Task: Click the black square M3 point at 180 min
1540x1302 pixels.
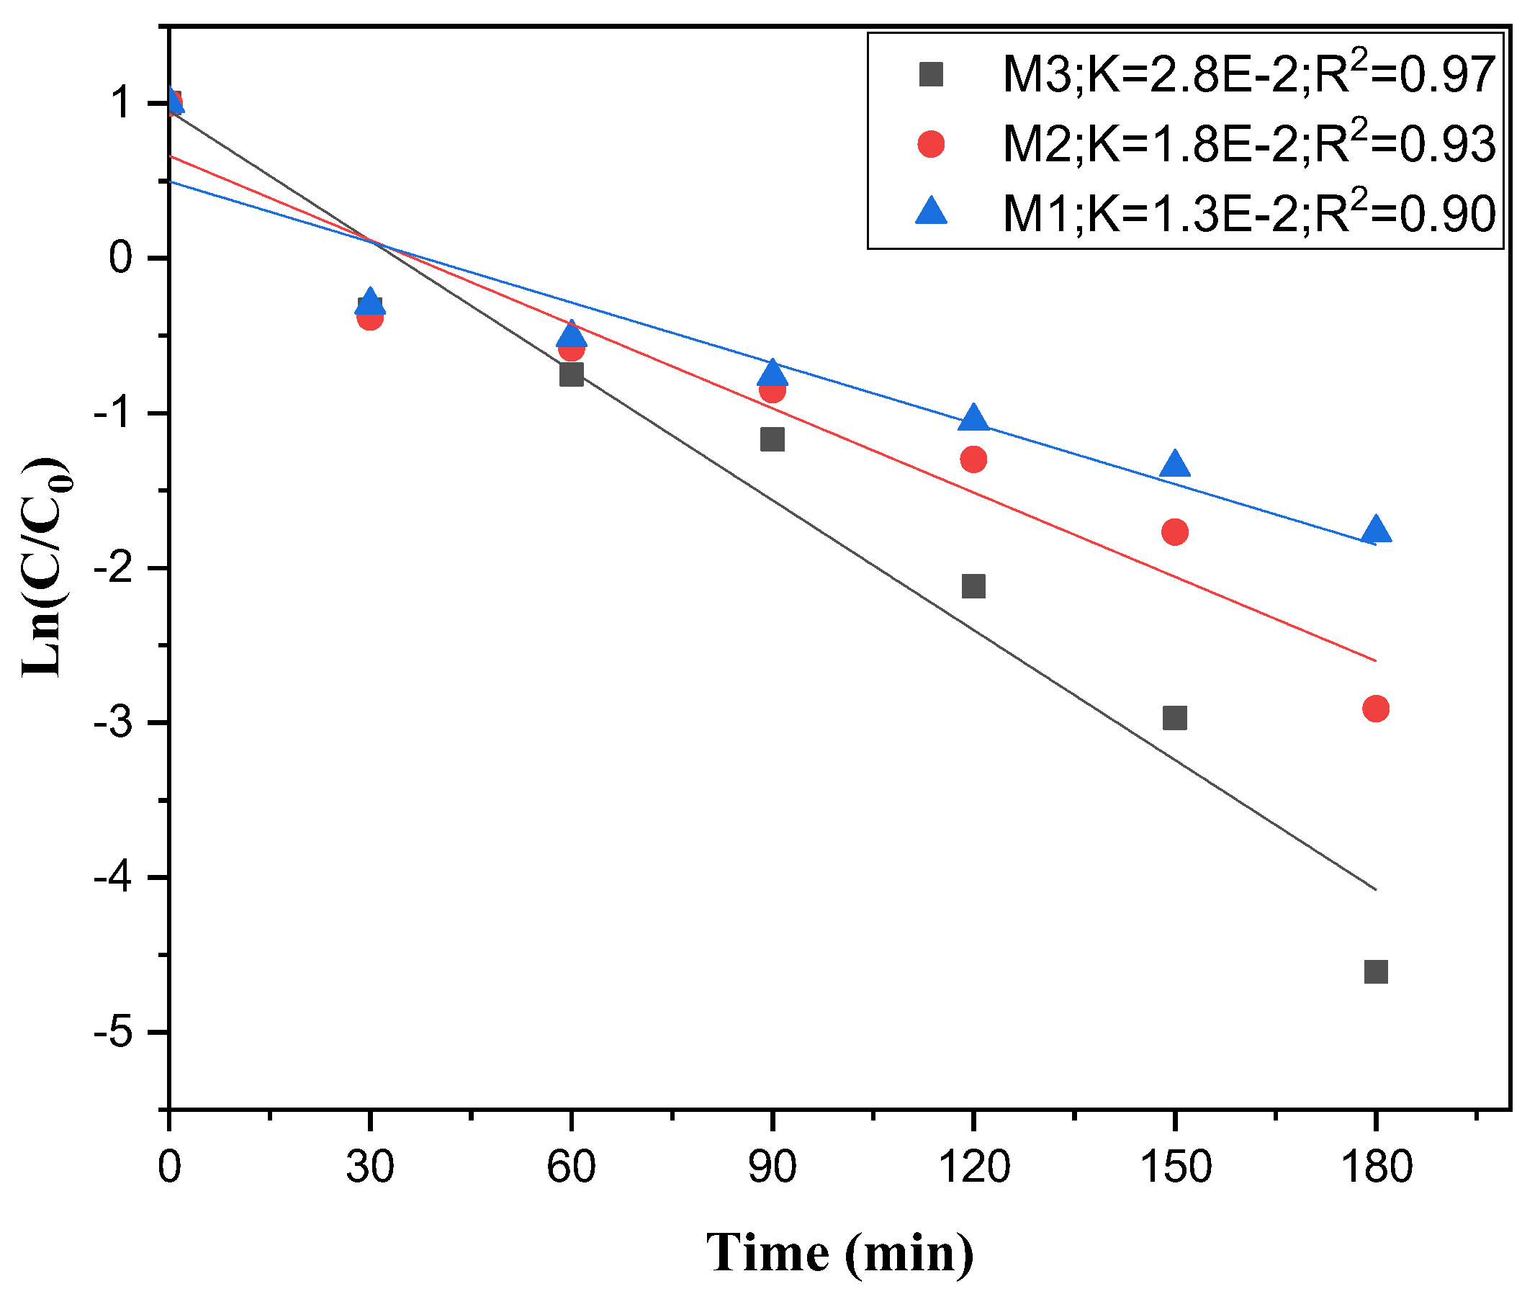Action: click(1375, 971)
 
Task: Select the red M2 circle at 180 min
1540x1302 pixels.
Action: click(1375, 709)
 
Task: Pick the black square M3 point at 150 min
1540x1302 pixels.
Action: click(1174, 717)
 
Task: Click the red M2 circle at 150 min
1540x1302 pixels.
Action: click(1174, 531)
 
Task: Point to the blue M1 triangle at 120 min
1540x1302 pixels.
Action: click(973, 418)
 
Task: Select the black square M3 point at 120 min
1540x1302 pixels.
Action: click(973, 586)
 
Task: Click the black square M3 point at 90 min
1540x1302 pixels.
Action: click(772, 440)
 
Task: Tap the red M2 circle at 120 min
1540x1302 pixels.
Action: click(973, 459)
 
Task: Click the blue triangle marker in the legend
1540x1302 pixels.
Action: click(930, 212)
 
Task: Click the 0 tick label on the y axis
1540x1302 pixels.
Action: click(120, 258)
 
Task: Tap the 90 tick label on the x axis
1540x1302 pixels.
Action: click(772, 1167)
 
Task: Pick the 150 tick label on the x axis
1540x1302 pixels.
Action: click(1175, 1167)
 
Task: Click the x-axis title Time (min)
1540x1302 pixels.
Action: click(839, 1253)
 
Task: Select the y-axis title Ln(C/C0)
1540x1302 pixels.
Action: click(46, 568)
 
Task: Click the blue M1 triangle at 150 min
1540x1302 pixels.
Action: click(1174, 465)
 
